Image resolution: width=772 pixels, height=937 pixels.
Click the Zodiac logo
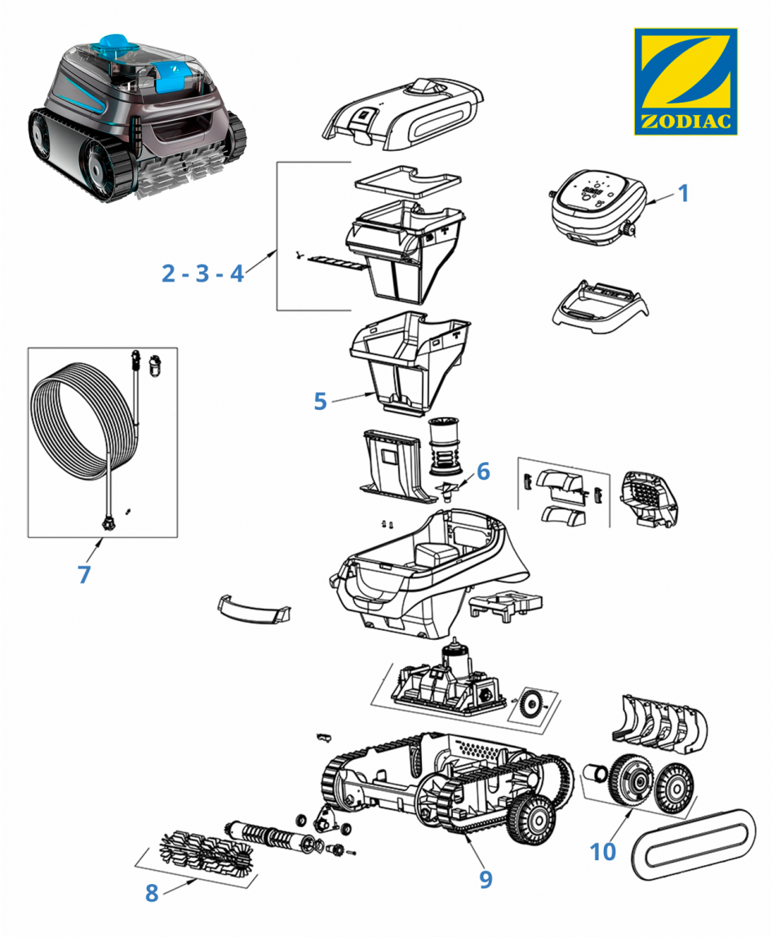(x=685, y=82)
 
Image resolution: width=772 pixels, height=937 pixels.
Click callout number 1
(x=684, y=193)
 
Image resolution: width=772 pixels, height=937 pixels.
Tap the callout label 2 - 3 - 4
(x=202, y=273)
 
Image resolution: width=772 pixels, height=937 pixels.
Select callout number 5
(x=320, y=401)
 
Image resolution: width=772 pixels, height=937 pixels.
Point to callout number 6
(x=483, y=471)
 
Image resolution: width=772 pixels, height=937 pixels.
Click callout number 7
(x=84, y=574)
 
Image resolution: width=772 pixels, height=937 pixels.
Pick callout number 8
(x=152, y=893)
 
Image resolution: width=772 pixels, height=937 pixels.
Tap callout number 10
(x=603, y=851)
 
